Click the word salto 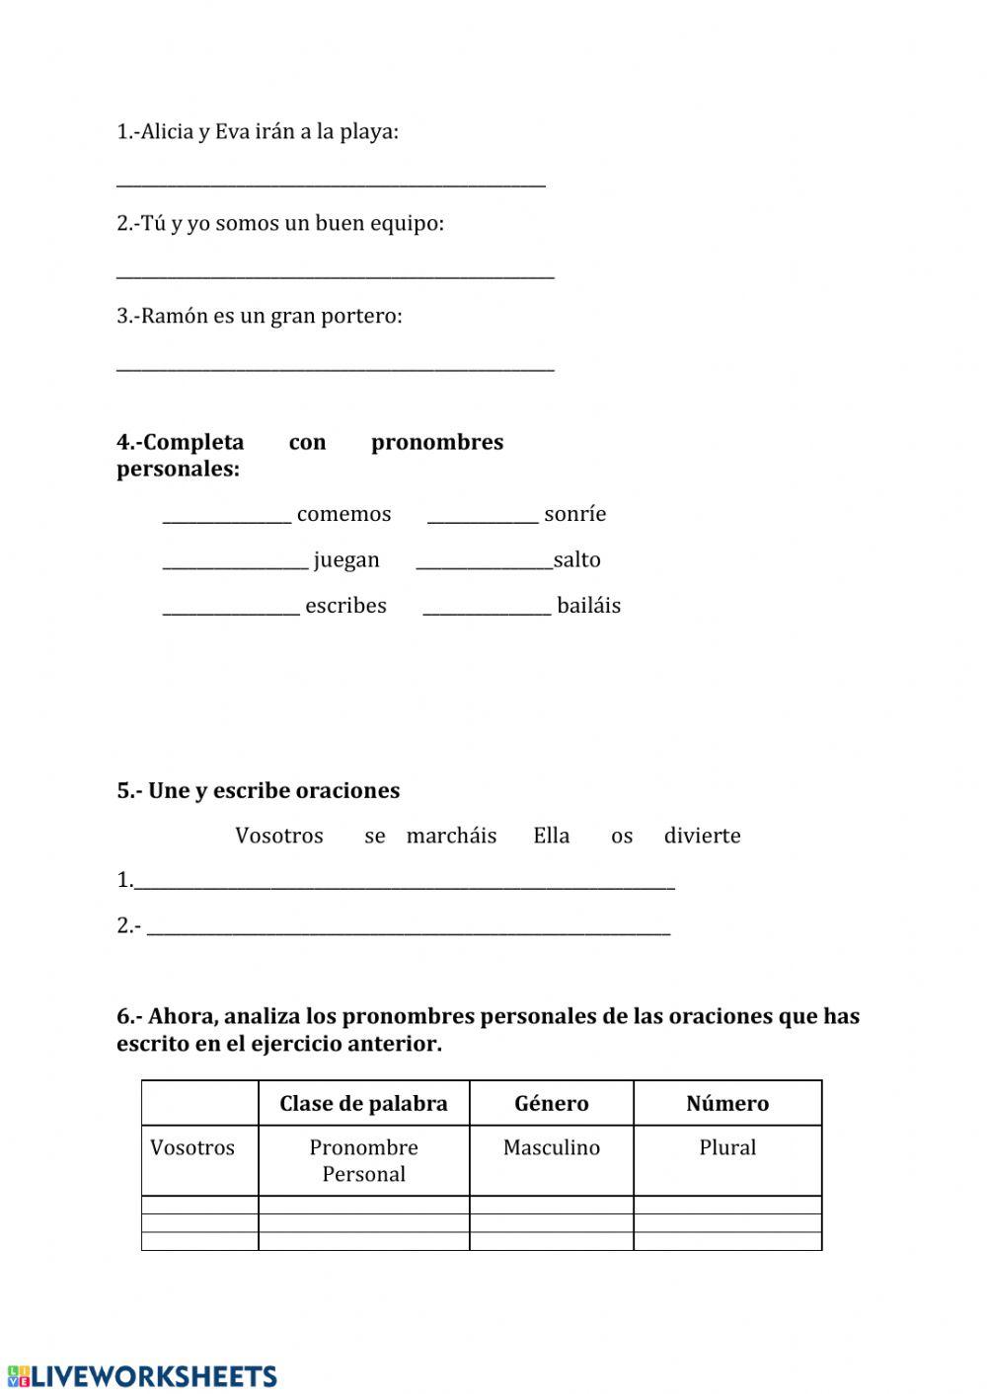point(577,559)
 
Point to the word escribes point(345,606)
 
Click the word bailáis point(588,606)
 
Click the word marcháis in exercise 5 point(451,836)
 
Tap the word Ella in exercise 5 point(551,836)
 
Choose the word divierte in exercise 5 point(702,836)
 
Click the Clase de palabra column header point(363,1103)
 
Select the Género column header point(551,1103)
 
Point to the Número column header point(727,1103)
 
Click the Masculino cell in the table point(551,1147)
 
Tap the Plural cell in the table point(727,1147)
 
